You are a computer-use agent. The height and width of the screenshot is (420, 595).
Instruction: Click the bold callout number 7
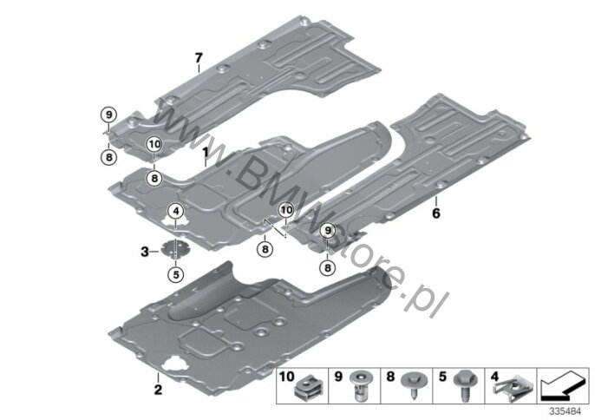tap(199, 58)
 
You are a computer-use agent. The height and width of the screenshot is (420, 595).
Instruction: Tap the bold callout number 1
tap(205, 153)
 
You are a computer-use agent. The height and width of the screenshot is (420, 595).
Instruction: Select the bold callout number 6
tap(436, 213)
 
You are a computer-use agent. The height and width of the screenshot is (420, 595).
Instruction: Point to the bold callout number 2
tap(158, 390)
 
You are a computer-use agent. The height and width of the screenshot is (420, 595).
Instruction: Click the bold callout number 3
tap(145, 252)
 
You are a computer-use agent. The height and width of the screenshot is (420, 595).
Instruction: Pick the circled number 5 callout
tap(176, 274)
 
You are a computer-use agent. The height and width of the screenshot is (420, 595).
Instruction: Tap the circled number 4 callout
tap(176, 210)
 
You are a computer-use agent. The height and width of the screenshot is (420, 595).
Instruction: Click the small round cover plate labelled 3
tap(175, 249)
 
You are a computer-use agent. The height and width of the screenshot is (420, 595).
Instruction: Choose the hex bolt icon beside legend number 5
tap(464, 385)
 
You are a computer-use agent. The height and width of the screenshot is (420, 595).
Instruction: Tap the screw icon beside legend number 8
tap(412, 384)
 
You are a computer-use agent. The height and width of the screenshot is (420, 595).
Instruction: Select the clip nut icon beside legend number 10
tap(307, 388)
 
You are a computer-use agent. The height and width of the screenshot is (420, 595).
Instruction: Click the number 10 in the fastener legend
tap(287, 377)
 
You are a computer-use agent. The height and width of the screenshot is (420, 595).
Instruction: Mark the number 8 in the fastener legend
tap(390, 377)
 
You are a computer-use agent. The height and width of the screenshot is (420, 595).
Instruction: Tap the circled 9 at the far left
tap(108, 115)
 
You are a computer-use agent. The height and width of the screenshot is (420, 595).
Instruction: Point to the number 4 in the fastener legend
tap(494, 377)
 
